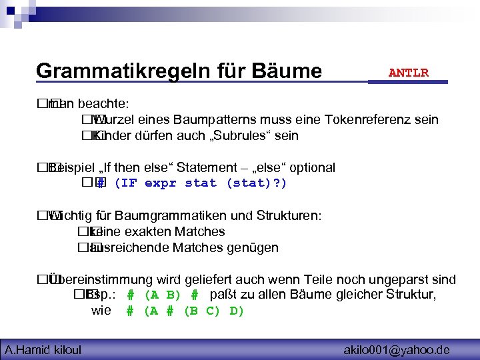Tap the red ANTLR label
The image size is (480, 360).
[408, 73]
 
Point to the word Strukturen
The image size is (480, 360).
[291, 216]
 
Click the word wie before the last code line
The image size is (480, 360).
[101, 311]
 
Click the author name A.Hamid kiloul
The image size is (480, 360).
[43, 349]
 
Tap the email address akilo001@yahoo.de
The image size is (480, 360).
[397, 349]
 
